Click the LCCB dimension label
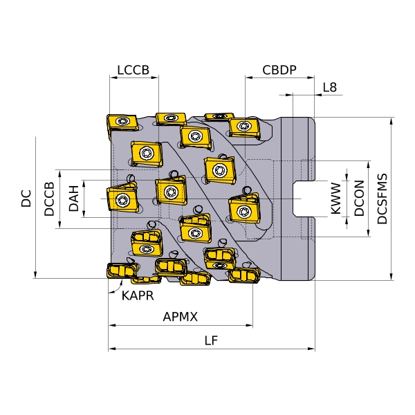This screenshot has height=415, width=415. coord(133,70)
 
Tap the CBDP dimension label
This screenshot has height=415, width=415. coord(279,70)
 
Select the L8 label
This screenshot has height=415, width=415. coord(330,87)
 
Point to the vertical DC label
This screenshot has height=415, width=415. coord(26,199)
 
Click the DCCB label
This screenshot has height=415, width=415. coord(50,199)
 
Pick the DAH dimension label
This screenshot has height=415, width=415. coord(74,199)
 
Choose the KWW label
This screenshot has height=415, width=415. coord(336,198)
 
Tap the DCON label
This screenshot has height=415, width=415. coord(360,198)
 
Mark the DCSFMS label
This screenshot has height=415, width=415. coord(382,199)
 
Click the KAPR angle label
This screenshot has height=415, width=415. coord(138,295)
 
